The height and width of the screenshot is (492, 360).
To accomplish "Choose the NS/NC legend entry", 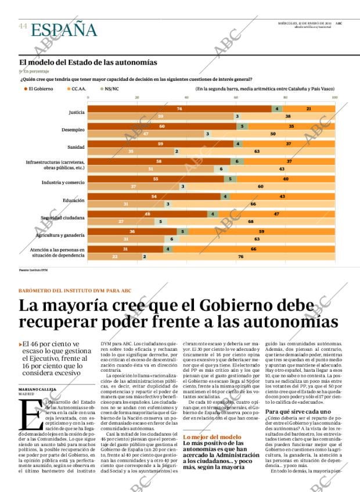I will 111,89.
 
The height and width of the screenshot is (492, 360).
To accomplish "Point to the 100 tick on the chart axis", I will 334,98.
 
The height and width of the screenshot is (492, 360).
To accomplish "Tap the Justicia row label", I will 77,112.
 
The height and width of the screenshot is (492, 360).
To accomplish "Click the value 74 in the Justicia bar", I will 180,109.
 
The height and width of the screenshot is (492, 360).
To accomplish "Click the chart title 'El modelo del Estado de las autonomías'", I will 88,62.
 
